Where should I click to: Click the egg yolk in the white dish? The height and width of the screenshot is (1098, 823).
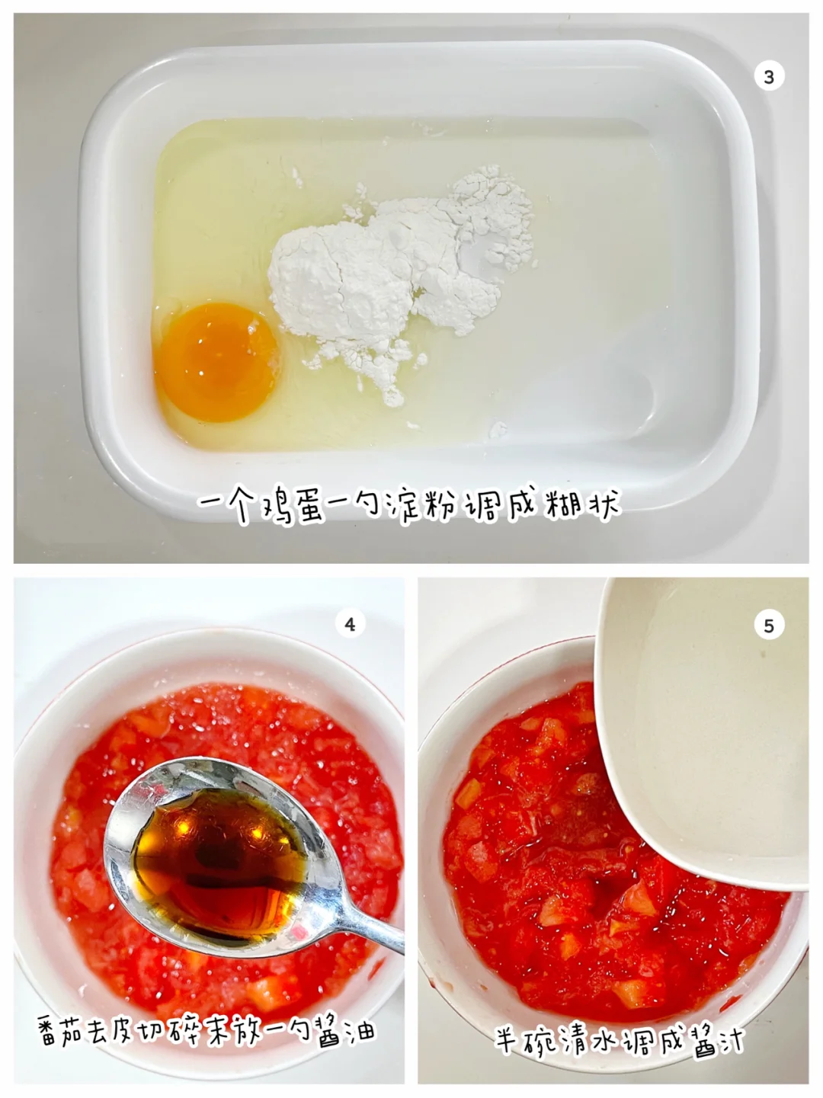[x=216, y=361]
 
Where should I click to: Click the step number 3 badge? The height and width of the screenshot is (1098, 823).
[x=768, y=77]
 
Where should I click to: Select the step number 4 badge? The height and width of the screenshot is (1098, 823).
[x=350, y=624]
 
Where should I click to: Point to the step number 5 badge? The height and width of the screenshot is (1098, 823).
[x=768, y=626]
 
